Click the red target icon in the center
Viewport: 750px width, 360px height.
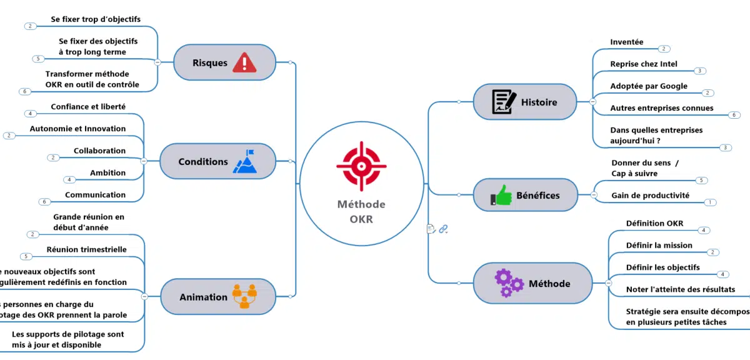361,166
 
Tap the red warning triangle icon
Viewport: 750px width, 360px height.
244,62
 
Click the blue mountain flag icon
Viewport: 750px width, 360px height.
244,161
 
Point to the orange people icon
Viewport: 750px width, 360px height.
244,296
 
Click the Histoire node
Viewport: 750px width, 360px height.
525,102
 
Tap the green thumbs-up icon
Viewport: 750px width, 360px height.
501,195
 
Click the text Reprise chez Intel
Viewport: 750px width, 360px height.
643,64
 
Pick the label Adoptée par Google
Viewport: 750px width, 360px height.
648,86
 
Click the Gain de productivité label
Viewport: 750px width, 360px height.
650,196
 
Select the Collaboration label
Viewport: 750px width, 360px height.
99,151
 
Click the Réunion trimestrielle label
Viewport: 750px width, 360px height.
86,249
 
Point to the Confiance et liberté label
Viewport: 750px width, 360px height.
88,107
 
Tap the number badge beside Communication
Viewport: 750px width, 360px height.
44,202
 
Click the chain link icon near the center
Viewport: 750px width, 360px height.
443,229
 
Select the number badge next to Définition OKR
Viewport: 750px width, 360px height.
704,230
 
